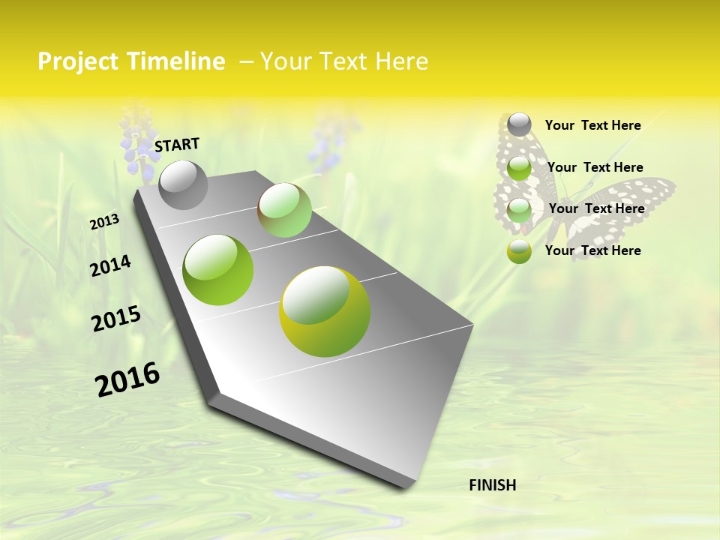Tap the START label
(177, 145)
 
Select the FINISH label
(493, 485)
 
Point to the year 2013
(105, 222)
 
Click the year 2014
(111, 265)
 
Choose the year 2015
(116, 319)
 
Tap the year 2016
(127, 379)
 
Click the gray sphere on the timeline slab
(183, 184)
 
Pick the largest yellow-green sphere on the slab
(324, 310)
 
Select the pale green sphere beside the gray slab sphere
(284, 210)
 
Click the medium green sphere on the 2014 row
(217, 269)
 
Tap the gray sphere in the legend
(519, 124)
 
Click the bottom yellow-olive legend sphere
(519, 251)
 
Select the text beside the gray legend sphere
(593, 125)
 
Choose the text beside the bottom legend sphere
(593, 250)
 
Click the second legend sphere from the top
(519, 167)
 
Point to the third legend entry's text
(597, 208)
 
